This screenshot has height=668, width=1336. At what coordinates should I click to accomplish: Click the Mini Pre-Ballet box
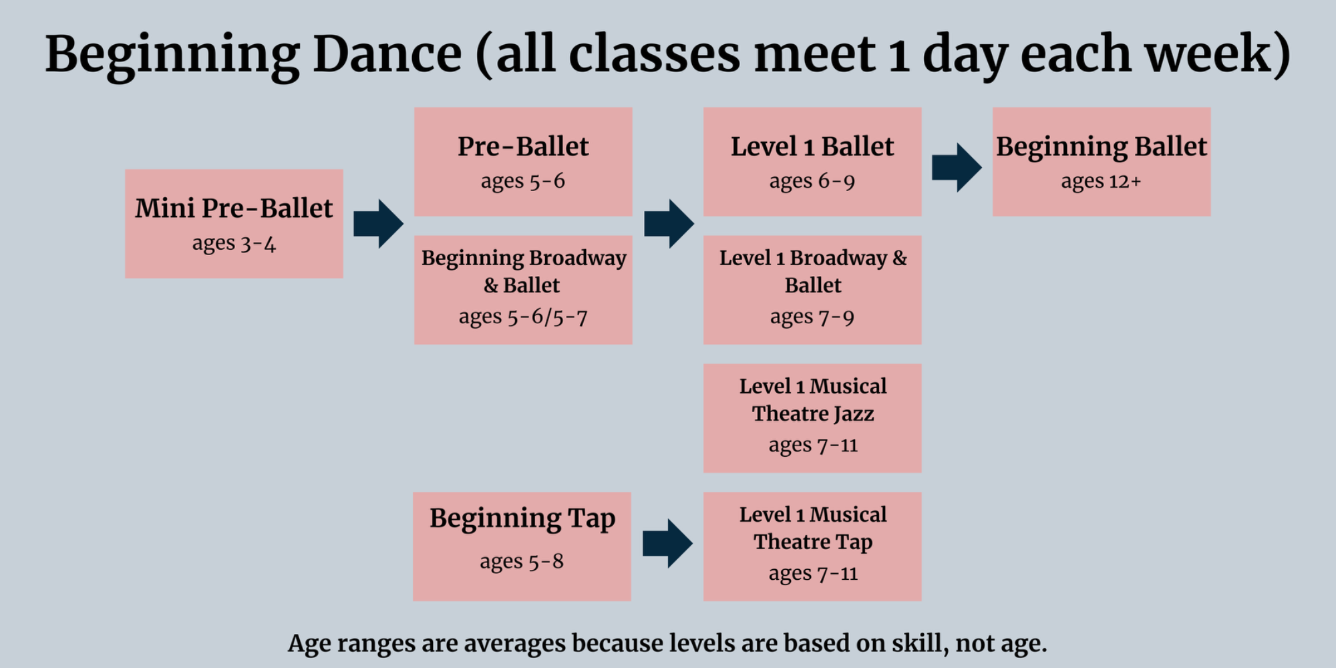(x=234, y=223)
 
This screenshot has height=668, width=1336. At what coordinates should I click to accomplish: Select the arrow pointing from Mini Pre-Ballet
(x=378, y=223)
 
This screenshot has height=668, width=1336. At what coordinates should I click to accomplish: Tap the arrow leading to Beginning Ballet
(x=957, y=167)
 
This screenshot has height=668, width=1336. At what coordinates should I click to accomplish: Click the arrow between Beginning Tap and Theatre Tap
(x=667, y=544)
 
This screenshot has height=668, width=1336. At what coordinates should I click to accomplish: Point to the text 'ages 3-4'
(x=234, y=242)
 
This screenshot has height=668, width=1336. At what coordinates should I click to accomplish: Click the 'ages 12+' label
(x=1101, y=181)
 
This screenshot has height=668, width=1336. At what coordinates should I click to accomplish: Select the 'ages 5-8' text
(x=522, y=561)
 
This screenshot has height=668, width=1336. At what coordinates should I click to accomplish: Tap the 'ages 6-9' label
(x=812, y=181)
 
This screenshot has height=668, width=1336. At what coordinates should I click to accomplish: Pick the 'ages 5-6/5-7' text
(x=523, y=316)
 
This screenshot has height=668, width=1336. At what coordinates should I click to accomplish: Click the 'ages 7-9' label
(x=812, y=317)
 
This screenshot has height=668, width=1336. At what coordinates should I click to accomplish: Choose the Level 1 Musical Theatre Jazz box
(x=812, y=418)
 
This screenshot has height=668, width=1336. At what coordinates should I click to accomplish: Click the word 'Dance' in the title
(x=387, y=53)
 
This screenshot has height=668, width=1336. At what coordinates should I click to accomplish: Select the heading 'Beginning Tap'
(x=522, y=519)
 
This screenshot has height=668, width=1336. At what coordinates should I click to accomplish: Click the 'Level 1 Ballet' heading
(x=812, y=146)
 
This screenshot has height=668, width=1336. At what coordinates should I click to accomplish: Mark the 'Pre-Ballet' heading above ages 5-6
(x=523, y=146)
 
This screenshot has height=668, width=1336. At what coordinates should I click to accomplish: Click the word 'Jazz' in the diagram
(x=854, y=414)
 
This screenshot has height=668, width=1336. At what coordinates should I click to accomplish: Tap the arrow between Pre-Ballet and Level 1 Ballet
(x=669, y=223)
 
